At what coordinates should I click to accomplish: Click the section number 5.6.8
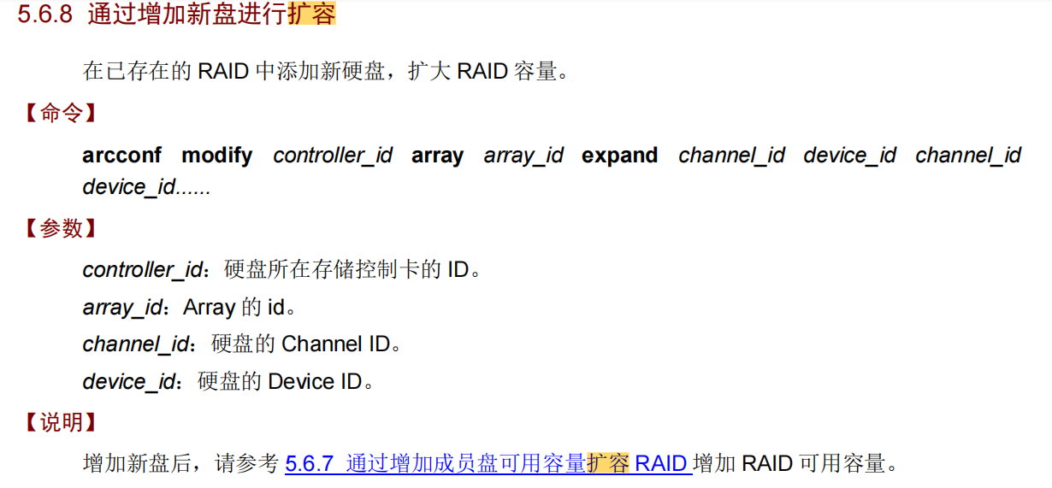click(45, 16)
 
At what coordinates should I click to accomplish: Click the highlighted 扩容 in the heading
click(311, 16)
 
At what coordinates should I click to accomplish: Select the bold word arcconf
click(121, 156)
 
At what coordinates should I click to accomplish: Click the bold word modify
click(217, 156)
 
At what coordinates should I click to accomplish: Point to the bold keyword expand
click(619, 156)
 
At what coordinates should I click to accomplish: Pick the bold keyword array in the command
click(437, 156)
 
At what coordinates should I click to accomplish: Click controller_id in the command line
click(333, 156)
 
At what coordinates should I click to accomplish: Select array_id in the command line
click(523, 156)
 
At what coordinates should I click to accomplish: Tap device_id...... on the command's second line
click(146, 187)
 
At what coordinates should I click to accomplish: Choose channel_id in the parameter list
click(135, 344)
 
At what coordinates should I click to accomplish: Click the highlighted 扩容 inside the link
click(607, 464)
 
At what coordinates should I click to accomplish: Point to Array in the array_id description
click(209, 308)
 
